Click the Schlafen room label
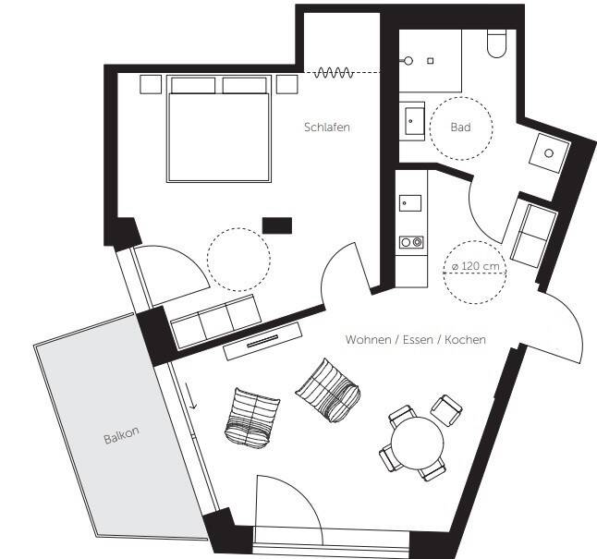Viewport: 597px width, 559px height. point(326,127)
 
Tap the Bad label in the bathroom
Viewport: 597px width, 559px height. point(461,127)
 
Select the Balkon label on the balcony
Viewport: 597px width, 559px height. point(121,435)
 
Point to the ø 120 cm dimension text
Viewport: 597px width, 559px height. point(476,266)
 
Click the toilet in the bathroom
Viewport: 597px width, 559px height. point(496,43)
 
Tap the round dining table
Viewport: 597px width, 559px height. point(418,444)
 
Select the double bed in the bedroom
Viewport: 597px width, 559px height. point(219,128)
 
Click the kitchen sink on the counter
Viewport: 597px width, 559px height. point(410,203)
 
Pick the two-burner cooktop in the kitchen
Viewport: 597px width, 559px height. point(411,242)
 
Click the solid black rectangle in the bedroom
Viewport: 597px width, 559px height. point(277,225)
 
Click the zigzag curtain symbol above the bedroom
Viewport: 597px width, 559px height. point(334,72)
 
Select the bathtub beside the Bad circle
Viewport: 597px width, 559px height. point(412,121)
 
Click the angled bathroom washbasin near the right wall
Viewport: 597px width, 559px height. point(549,152)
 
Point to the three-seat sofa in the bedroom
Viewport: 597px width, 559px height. point(215,322)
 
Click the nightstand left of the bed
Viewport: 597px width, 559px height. point(151,84)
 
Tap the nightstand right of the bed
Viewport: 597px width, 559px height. point(286,84)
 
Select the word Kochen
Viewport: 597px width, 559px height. point(465,339)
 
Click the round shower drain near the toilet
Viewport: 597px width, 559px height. point(408,61)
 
